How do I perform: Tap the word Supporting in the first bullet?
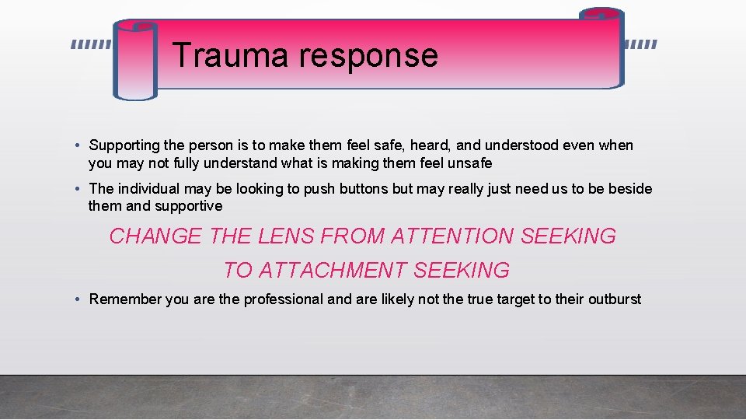pyautogui.click(x=124, y=145)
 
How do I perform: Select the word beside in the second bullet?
pyautogui.click(x=630, y=189)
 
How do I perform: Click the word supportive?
pyautogui.click(x=188, y=206)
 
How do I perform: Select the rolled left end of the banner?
pyautogui.click(x=135, y=61)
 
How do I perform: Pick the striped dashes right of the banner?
pyautogui.click(x=641, y=45)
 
